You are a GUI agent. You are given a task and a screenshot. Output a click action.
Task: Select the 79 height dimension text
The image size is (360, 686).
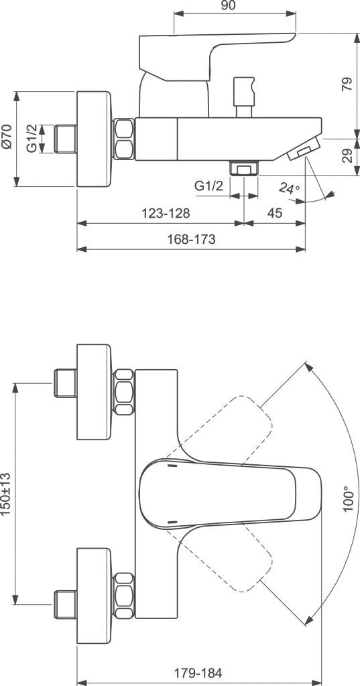point(345,84)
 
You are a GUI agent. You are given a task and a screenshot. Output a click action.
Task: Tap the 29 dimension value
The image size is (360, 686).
point(345,156)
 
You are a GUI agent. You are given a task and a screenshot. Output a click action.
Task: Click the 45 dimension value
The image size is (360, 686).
point(275,213)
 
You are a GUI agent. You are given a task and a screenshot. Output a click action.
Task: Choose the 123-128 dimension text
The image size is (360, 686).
point(166,213)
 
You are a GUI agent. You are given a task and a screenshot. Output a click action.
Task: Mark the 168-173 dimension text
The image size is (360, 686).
point(192,239)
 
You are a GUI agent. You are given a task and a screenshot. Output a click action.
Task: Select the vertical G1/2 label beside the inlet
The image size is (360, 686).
point(32,139)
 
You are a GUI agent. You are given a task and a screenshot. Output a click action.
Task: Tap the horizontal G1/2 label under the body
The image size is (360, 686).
point(208,186)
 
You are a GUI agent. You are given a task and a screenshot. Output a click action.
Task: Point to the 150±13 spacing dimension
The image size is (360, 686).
point(7,494)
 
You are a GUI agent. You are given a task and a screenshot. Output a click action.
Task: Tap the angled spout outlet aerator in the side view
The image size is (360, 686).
point(304,151)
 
